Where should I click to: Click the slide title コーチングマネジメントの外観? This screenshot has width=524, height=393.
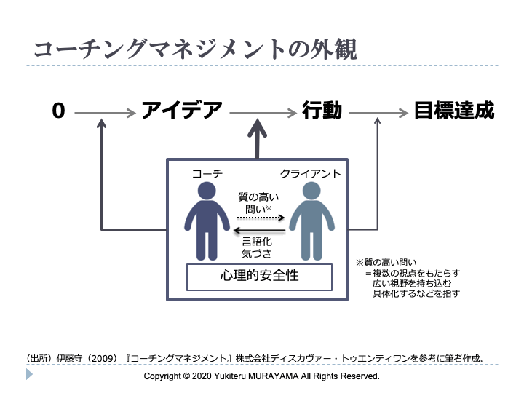pyautogui.click(x=194, y=49)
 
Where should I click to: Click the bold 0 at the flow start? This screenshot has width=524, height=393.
pyautogui.click(x=59, y=111)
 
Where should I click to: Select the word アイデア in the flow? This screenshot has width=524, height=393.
pyautogui.click(x=182, y=111)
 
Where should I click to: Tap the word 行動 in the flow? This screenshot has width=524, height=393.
pyautogui.click(x=322, y=111)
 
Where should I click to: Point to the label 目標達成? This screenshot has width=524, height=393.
pyautogui.click(x=453, y=111)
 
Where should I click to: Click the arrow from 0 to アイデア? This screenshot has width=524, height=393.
pyautogui.click(x=105, y=113)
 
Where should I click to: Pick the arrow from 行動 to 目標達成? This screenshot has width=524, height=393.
pyautogui.click(x=378, y=113)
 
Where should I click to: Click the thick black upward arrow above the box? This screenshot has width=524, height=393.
pyautogui.click(x=257, y=138)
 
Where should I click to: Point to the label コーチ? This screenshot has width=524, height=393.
pyautogui.click(x=207, y=174)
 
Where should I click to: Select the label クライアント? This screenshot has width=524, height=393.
pyautogui.click(x=311, y=174)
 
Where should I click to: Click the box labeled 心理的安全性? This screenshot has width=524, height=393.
pyautogui.click(x=259, y=277)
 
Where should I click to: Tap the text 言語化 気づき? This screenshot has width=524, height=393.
pyautogui.click(x=259, y=247)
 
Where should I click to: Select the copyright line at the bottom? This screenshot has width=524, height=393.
pyautogui.click(x=262, y=376)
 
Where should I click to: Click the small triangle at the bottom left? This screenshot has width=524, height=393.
pyautogui.click(x=29, y=374)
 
